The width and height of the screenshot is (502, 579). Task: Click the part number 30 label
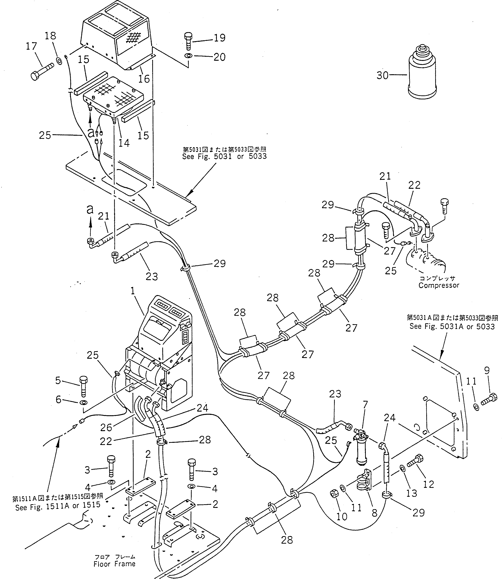point(382,75)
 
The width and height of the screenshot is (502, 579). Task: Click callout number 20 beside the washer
point(219,57)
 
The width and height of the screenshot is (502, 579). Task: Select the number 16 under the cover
point(144,79)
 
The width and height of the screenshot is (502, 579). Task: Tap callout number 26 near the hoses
point(106,428)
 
